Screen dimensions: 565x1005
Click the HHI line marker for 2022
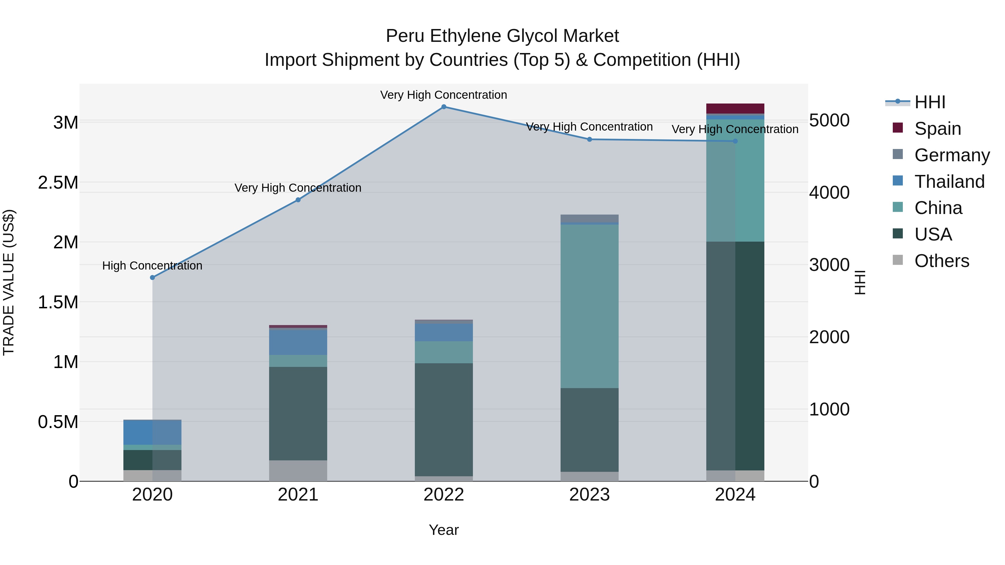coord(444,107)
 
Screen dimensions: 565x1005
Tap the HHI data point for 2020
coord(152,278)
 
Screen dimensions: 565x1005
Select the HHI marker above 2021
coord(298,200)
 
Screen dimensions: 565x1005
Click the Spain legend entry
coord(937,128)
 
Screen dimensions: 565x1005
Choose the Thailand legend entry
coord(949,182)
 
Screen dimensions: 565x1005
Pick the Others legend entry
coord(941,261)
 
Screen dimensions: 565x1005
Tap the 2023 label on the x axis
coord(589,494)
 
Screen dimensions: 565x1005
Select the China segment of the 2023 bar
coord(589,306)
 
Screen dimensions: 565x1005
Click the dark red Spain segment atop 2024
coord(735,109)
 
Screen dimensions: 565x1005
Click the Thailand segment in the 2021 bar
coord(298,342)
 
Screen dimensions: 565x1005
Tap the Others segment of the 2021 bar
coord(298,471)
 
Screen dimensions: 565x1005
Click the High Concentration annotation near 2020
coord(152,266)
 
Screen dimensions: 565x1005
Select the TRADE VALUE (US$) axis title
coord(9,282)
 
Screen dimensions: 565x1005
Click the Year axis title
coord(444,530)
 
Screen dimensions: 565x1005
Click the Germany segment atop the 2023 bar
coord(589,218)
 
